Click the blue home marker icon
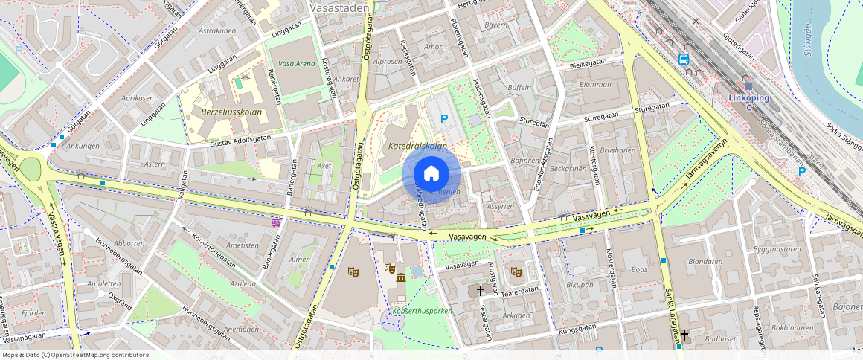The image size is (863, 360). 431,173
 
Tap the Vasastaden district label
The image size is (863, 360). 338,7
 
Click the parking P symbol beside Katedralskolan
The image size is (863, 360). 445,118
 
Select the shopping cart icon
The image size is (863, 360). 277,221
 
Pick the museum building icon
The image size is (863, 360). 401,277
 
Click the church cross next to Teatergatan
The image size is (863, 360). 481,290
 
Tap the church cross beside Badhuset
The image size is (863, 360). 684,335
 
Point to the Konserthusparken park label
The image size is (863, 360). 423,311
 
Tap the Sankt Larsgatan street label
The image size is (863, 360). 670,312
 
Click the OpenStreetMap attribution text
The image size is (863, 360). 74,355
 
